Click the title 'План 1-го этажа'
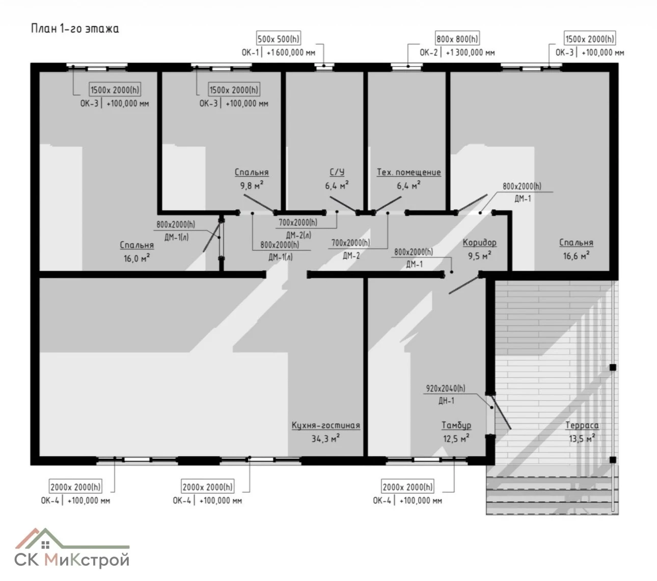(x=75, y=29)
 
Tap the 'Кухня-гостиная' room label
(x=325, y=425)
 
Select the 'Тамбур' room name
(x=456, y=425)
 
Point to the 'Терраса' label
(x=582, y=425)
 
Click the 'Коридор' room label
(x=480, y=242)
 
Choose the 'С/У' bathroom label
(x=337, y=172)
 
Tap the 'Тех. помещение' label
(x=408, y=172)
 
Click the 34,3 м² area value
(x=325, y=438)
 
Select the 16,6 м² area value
(x=576, y=256)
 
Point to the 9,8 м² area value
(x=252, y=185)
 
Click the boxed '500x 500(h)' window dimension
(x=279, y=39)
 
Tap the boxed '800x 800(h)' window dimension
(x=457, y=39)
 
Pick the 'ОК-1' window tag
(x=250, y=52)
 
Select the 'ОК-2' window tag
(x=429, y=52)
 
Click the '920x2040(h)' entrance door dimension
(x=446, y=389)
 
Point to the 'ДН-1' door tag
(x=447, y=401)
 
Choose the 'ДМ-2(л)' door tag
(x=298, y=235)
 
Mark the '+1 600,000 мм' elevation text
(x=291, y=52)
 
